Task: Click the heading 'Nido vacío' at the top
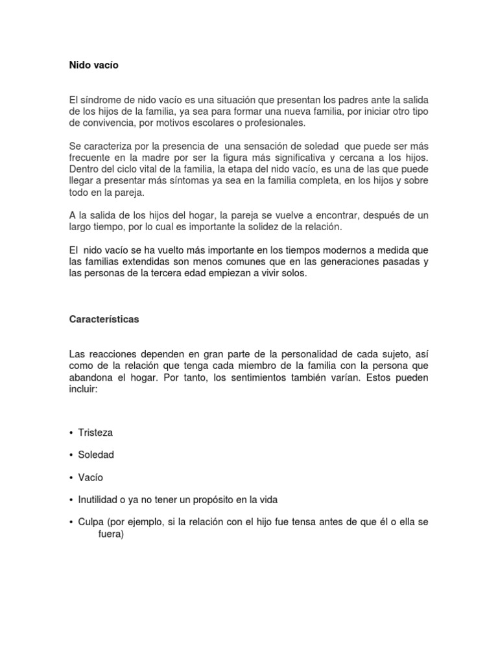click(x=93, y=65)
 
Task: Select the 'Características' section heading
click(x=104, y=320)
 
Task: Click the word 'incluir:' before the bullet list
click(x=83, y=389)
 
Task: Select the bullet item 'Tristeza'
click(x=95, y=432)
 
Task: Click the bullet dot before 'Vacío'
click(x=71, y=478)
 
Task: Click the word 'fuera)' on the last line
click(x=111, y=535)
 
